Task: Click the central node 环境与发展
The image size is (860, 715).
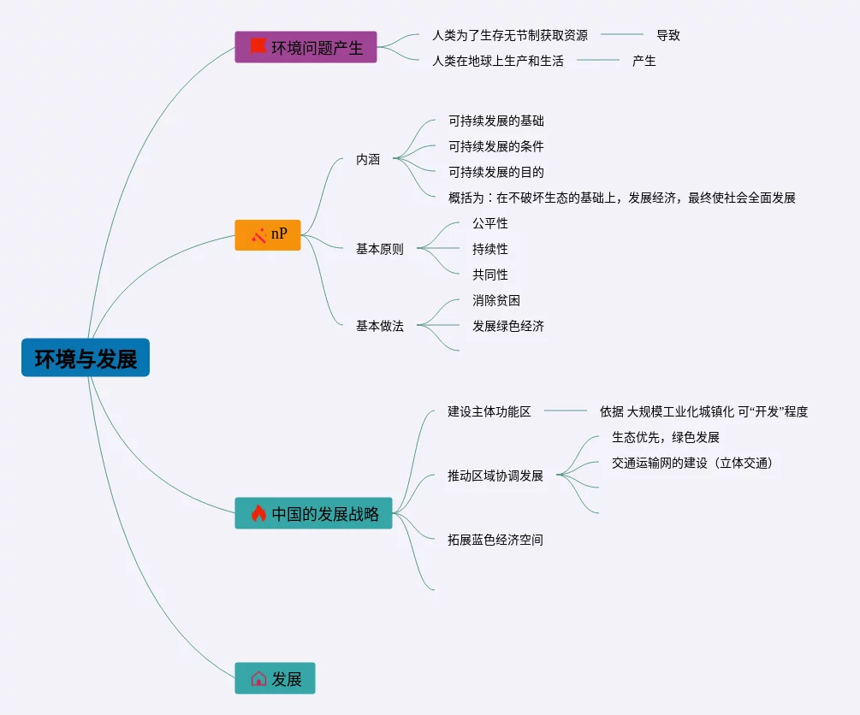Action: coord(86,358)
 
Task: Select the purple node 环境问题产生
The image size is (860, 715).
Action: coord(305,47)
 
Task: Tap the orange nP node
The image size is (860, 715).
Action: coord(268,234)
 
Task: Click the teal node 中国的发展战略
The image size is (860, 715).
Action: coord(313,513)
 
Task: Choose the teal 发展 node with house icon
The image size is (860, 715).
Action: coord(275,678)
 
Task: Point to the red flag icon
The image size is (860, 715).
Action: coord(258,46)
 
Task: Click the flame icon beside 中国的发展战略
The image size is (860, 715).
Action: coord(258,513)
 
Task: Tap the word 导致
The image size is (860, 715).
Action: coord(668,35)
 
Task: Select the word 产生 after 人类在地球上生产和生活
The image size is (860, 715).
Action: coord(644,61)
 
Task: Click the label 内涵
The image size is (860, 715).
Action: coord(368,159)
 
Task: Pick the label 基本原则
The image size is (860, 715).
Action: coord(380,249)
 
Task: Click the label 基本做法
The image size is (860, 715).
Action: coord(380,326)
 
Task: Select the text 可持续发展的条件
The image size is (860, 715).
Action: coord(496,146)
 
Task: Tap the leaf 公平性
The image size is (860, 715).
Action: coord(490,223)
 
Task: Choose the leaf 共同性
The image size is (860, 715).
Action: coord(490,275)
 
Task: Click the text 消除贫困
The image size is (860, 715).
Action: coord(496,300)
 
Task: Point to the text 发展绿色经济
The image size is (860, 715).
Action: coord(508,326)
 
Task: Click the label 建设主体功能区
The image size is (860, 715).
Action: coord(489,411)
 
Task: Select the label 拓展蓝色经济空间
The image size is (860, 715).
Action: coord(495,540)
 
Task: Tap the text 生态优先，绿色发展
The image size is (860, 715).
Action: coord(666,437)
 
